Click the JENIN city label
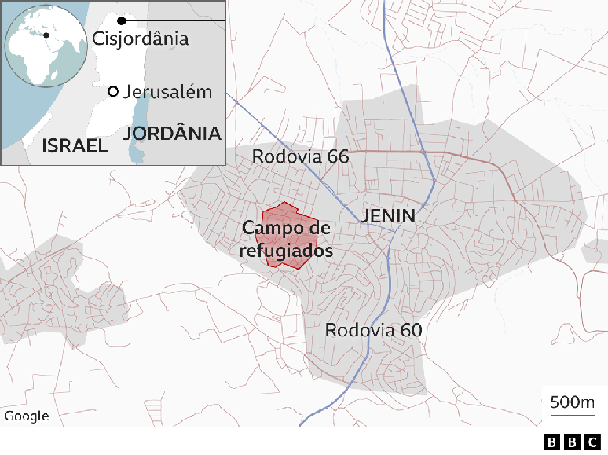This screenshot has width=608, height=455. pyautogui.click(x=387, y=215)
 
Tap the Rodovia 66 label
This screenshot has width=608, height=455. pyautogui.click(x=300, y=156)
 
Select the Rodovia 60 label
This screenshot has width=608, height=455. pyautogui.click(x=374, y=330)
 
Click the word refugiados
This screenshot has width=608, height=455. pyautogui.click(x=286, y=251)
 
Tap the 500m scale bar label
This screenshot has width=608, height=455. pyautogui.click(x=573, y=402)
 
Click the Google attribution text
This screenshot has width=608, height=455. pyautogui.click(x=26, y=416)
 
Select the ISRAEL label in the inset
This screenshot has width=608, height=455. pyautogui.click(x=74, y=145)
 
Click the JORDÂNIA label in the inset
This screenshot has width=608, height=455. pyautogui.click(x=172, y=133)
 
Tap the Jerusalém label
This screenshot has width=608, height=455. pyautogui.click(x=167, y=92)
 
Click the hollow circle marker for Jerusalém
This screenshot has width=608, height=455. pyautogui.click(x=113, y=92)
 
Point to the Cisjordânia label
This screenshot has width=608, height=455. pyautogui.click(x=140, y=38)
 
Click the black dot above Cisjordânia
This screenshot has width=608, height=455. pyautogui.click(x=121, y=20)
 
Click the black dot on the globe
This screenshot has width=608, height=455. pyautogui.click(x=46, y=35)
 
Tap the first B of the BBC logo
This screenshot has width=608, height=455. pyautogui.click(x=552, y=442)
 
